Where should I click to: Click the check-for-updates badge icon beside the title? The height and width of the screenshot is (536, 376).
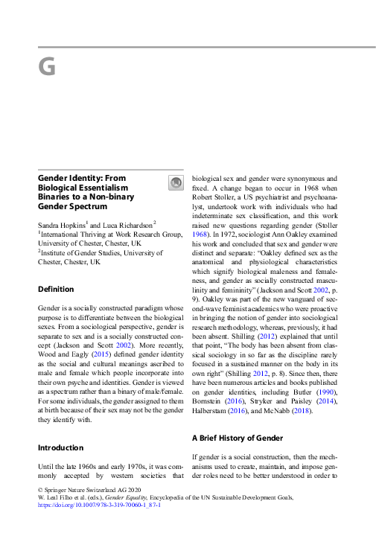[x=175, y=182]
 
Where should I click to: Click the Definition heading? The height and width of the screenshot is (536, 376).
[x=56, y=289]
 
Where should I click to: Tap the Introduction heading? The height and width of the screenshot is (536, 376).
[x=60, y=447]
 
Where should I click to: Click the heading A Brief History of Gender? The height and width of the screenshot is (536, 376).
[x=235, y=438]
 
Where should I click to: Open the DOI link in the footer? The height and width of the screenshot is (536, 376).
[x=98, y=504]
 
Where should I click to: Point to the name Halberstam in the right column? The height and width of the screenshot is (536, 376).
[x=211, y=410]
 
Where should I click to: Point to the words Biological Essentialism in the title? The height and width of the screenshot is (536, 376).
[x=83, y=189]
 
